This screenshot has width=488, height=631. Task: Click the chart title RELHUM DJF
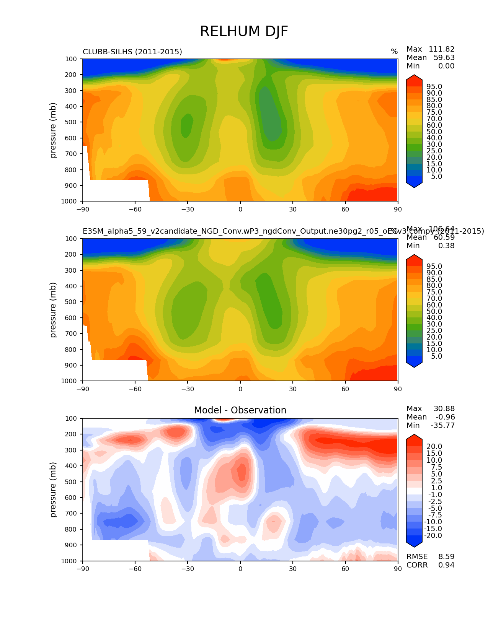(x=244, y=31)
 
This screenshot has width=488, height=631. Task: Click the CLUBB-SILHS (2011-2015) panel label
(x=132, y=52)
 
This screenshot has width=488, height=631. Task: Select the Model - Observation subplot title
(x=240, y=410)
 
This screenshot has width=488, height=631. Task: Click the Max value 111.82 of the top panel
(x=441, y=49)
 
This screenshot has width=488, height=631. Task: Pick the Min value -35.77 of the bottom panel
(x=442, y=425)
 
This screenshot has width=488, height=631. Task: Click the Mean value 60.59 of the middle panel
(x=444, y=237)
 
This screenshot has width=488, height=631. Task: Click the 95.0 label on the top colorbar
(x=434, y=87)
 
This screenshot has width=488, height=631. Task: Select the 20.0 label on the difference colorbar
(x=434, y=446)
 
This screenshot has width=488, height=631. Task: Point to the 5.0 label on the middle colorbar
(x=436, y=356)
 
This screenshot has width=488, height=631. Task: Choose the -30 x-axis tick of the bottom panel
(x=188, y=569)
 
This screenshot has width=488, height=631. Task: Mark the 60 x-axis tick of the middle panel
(x=345, y=389)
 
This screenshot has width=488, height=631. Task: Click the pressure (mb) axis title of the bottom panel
(x=53, y=490)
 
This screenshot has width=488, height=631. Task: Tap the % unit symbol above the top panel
(x=394, y=52)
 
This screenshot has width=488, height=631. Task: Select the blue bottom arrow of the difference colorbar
(x=414, y=543)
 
